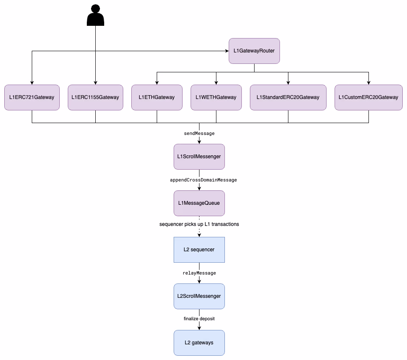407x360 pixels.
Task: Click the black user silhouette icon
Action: point(95,16)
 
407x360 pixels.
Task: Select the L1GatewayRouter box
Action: point(254,51)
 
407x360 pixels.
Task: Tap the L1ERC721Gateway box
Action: point(32,97)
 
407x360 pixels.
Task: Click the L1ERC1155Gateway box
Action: point(95,97)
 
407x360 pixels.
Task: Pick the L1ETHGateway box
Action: point(157,97)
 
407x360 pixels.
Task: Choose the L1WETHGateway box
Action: point(216,97)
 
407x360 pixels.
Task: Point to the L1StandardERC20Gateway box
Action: point(288,97)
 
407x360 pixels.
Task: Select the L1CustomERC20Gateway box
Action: point(368,97)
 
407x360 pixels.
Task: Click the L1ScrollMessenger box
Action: point(199,157)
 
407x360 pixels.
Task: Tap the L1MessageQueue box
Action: point(199,203)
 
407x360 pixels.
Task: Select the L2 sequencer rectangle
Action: point(199,250)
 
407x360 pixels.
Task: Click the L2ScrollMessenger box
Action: point(199,296)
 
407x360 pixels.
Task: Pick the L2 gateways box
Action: point(199,343)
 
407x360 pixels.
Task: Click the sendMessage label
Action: point(199,133)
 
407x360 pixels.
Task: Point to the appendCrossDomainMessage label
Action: point(203,180)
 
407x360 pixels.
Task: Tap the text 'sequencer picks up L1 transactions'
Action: point(199,224)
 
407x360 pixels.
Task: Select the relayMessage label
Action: point(199,273)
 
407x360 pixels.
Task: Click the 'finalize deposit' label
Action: point(199,319)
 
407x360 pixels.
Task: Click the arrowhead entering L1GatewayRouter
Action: point(227,51)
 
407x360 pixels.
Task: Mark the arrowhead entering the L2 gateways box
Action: point(199,328)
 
